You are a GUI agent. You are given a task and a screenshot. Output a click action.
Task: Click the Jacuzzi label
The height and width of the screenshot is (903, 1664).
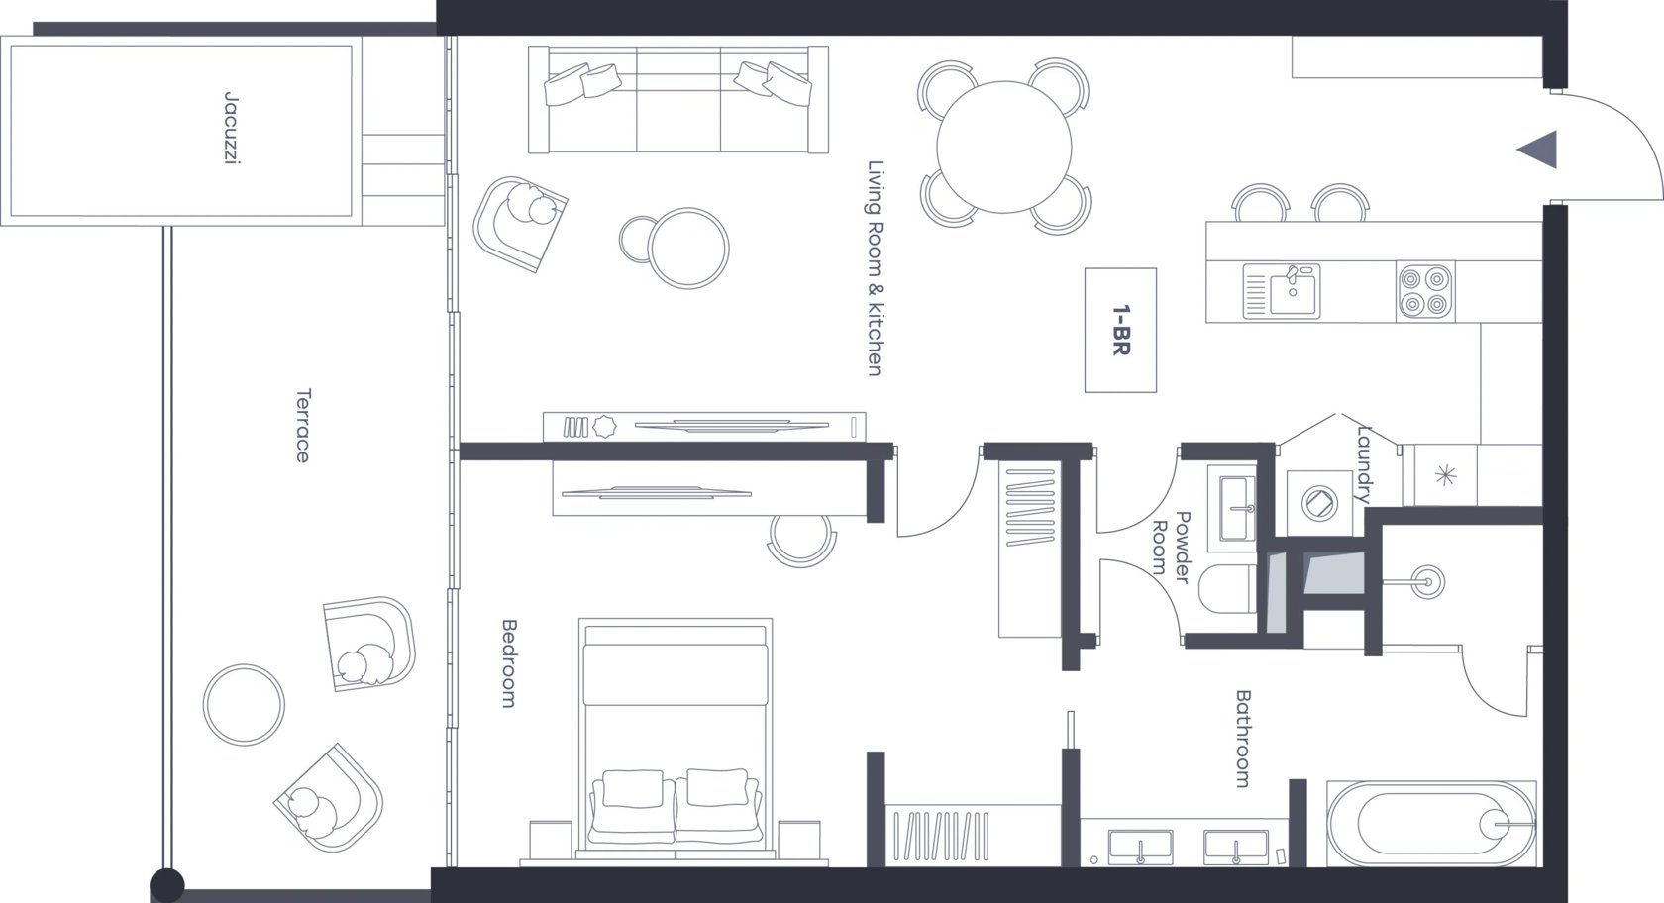pyautogui.click(x=233, y=128)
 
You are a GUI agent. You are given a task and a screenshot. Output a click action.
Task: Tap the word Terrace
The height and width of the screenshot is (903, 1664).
pyautogui.click(x=302, y=426)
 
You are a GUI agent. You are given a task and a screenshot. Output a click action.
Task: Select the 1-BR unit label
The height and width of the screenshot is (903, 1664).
pyautogui.click(x=1121, y=330)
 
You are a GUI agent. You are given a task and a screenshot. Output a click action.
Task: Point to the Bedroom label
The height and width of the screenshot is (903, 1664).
pyautogui.click(x=508, y=663)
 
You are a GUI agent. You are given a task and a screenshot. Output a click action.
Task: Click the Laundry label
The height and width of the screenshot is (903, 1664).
pyautogui.click(x=1364, y=464)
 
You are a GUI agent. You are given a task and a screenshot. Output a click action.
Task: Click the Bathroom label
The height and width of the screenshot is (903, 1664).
pyautogui.click(x=1243, y=739)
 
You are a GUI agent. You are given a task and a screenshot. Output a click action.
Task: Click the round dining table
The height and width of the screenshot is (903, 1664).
pyautogui.click(x=1003, y=147)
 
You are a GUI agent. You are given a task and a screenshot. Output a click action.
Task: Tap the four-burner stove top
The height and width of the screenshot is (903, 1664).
pyautogui.click(x=1424, y=291)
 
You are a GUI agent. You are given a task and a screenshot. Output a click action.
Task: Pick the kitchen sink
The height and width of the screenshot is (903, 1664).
pyautogui.click(x=1282, y=291)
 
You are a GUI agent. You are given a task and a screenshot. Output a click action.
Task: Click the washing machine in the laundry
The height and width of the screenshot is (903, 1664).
pyautogui.click(x=1319, y=503)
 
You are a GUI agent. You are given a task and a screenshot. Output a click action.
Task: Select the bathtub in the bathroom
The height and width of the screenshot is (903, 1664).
pyautogui.click(x=1431, y=824)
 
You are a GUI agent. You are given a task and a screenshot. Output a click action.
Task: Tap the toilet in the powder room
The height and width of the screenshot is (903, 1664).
pyautogui.click(x=1227, y=589)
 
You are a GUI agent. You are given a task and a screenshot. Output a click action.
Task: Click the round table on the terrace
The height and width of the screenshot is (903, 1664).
pyautogui.click(x=244, y=705)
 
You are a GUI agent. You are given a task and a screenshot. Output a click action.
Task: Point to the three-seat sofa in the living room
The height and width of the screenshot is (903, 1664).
pyautogui.click(x=678, y=99)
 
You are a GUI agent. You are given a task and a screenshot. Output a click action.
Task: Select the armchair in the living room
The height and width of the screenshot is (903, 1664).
pyautogui.click(x=520, y=224)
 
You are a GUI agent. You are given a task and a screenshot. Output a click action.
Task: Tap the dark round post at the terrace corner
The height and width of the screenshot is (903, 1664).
pyautogui.click(x=167, y=885)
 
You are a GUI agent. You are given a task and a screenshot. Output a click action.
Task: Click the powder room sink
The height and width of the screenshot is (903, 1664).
pyautogui.click(x=1232, y=509)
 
